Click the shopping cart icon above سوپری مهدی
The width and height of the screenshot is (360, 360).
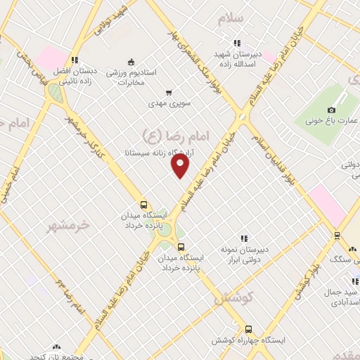click(169, 92)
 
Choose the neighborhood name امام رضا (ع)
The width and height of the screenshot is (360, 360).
click(162, 134)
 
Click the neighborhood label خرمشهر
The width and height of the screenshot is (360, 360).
click(69, 226)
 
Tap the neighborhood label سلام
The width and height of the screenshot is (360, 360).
click(230, 18)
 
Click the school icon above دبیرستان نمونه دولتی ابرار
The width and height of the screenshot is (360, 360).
click(244, 239)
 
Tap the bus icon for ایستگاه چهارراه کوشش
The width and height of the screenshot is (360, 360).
click(247, 328)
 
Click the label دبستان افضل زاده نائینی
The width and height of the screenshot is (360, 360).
click(72, 76)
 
